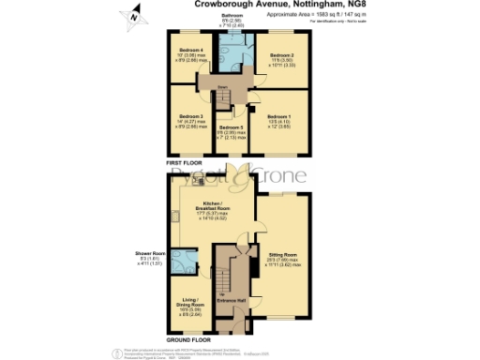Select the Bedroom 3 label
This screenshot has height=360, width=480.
pos(192,116)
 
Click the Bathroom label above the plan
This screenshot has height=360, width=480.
pos(232,16)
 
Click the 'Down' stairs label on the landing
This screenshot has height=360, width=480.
pos(224,90)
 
